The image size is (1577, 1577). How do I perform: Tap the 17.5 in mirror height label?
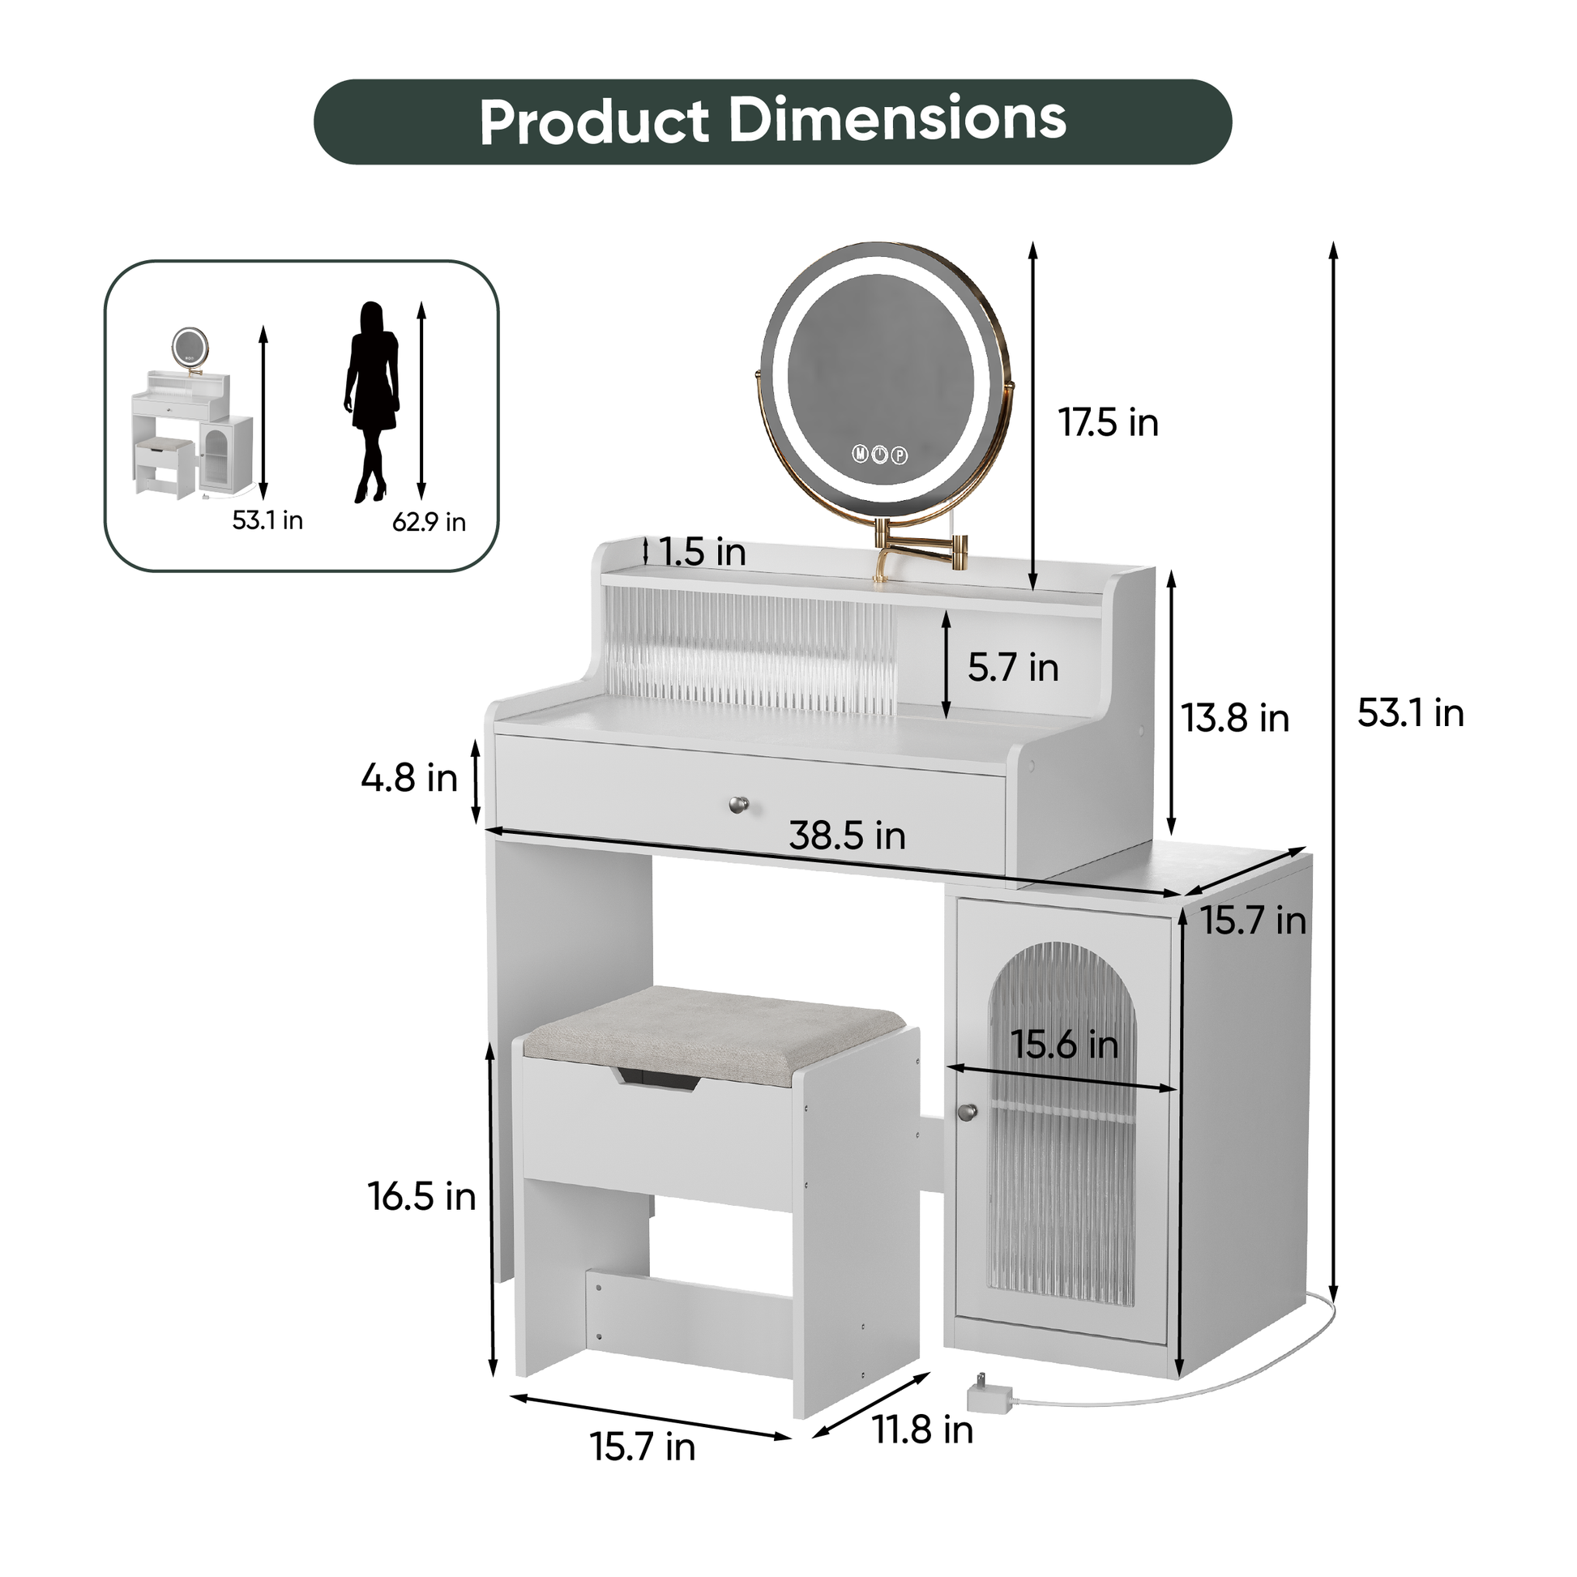pos(1108,423)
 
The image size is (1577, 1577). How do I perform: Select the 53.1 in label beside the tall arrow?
pos(1410,713)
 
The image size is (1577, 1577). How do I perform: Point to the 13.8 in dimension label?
pos(1235,718)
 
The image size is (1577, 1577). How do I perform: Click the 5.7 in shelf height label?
pos(1013,668)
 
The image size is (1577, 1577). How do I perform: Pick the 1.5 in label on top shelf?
pos(702,553)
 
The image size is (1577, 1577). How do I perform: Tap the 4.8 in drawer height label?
pos(409,778)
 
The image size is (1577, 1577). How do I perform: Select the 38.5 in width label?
pos(847,836)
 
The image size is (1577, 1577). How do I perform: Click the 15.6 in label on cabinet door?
pos(1063,1045)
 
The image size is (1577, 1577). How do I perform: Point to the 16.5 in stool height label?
pos(421,1198)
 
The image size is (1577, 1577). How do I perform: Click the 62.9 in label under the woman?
pos(429,523)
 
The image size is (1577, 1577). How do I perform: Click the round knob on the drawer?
pos(738,805)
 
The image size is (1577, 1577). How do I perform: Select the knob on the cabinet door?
pos(968,1112)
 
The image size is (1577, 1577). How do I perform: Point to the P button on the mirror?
pos(900,455)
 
